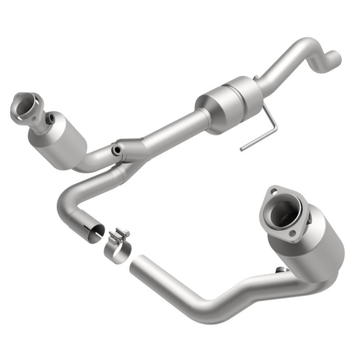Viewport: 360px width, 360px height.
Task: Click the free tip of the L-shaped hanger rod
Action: point(242,148)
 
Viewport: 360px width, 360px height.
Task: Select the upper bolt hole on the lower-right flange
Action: point(273,192)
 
